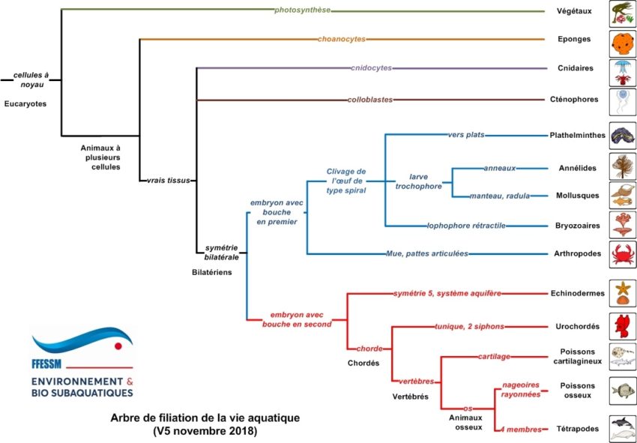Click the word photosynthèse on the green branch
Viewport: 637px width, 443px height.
click(x=303, y=10)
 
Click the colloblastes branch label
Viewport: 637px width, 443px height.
click(x=370, y=100)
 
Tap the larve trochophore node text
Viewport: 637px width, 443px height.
click(x=419, y=181)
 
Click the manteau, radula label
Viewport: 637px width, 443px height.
click(x=499, y=196)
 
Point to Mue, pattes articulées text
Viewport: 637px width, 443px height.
click(x=426, y=254)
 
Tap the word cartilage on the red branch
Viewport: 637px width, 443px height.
click(x=495, y=357)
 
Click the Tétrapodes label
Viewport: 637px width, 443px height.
click(x=579, y=429)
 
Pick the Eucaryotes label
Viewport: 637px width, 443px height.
click(x=25, y=104)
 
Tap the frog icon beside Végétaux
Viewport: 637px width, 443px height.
click(x=622, y=10)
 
